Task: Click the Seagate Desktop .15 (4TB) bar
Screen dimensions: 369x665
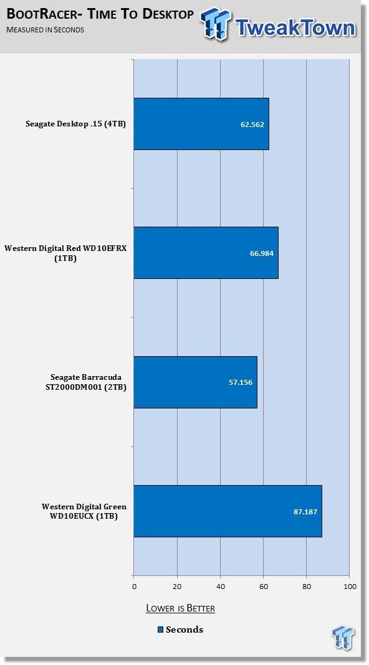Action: pos(201,124)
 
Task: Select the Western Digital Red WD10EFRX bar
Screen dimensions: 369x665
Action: pos(206,253)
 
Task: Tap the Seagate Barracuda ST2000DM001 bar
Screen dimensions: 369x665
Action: pos(195,382)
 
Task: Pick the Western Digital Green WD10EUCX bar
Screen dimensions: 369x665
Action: pos(228,511)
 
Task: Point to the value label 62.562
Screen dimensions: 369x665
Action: pos(252,125)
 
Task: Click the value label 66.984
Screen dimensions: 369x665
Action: pos(262,253)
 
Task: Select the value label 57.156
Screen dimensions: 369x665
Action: pos(241,382)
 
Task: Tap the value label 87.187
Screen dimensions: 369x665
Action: pos(305,512)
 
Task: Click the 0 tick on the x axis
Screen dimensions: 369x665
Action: pos(134,587)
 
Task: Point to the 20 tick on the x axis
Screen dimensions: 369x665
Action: pos(177,587)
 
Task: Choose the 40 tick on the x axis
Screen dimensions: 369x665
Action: pos(221,587)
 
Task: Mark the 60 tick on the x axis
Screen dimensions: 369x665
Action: pos(263,587)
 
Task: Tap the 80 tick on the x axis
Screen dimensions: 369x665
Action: pos(307,587)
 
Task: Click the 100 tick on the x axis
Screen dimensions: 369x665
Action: pos(350,587)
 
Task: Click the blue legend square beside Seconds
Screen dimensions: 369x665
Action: pos(161,630)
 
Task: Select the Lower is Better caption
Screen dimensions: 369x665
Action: pos(181,608)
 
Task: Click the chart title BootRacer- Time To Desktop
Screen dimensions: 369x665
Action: pos(100,14)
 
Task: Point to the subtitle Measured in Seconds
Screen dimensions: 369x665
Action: pos(45,30)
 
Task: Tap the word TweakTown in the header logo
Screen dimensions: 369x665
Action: pos(295,27)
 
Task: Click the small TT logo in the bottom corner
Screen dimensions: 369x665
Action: pos(343,638)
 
